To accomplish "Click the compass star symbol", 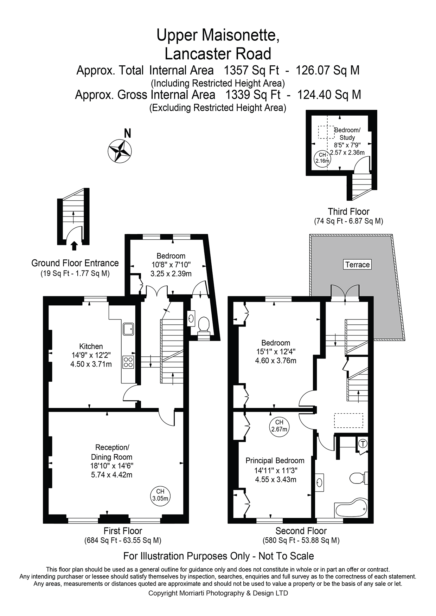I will tap(120, 151).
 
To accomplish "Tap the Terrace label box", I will tap(357, 265).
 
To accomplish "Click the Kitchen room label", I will tap(91, 346).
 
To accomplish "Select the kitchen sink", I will tap(128, 329).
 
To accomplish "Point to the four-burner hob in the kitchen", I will tap(128, 362).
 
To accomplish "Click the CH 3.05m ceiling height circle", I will tap(160, 495).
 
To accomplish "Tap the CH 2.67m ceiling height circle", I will tap(279, 426).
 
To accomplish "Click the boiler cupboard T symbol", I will tap(363, 444).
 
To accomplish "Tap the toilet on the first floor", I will tap(204, 324).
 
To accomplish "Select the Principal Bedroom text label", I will tap(275, 460).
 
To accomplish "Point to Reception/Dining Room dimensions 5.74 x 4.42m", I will tap(111, 475).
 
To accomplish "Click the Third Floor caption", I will tap(348, 212).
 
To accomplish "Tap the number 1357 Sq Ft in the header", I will tap(252, 70).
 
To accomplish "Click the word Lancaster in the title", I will tap(198, 54).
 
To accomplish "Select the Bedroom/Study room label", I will tap(347, 134).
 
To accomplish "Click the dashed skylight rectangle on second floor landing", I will tap(348, 420).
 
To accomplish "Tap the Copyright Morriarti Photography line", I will tap(218, 593).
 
